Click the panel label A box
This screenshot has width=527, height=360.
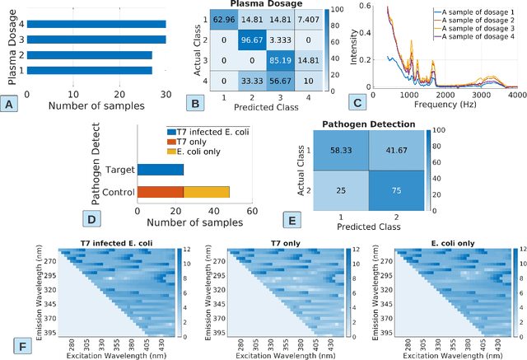10,104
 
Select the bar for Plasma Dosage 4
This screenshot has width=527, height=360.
96,25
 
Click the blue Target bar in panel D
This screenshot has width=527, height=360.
160,170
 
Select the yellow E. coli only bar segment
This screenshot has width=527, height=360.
206,192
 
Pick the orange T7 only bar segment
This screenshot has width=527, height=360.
160,192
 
